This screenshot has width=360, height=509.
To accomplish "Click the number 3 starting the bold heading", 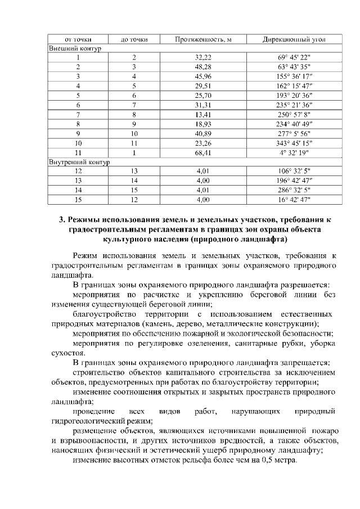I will coord(62,219).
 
